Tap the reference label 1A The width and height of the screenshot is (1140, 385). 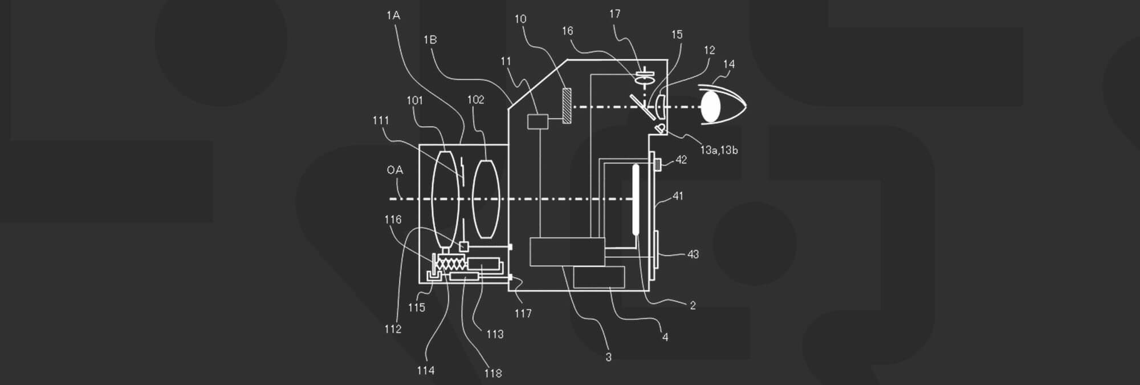(x=393, y=15)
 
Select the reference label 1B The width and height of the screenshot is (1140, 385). (x=430, y=40)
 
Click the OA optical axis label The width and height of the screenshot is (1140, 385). (x=394, y=170)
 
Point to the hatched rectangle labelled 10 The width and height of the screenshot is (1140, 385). (x=567, y=106)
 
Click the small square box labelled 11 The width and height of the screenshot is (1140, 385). (x=538, y=121)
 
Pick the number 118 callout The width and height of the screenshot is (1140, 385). (x=493, y=373)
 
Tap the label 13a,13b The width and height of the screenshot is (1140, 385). (x=719, y=150)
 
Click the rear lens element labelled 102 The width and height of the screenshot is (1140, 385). (x=486, y=198)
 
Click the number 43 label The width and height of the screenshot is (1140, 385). (x=693, y=254)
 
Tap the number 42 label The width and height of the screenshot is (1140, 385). (x=681, y=160)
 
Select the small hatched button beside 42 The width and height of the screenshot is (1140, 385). (x=657, y=164)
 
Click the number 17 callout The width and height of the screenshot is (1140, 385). (x=614, y=14)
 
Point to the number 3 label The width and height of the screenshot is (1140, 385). (x=608, y=357)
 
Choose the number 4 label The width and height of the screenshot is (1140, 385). (x=665, y=337)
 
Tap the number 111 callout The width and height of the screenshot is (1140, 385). (x=380, y=120)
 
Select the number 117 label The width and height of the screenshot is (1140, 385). (x=523, y=313)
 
